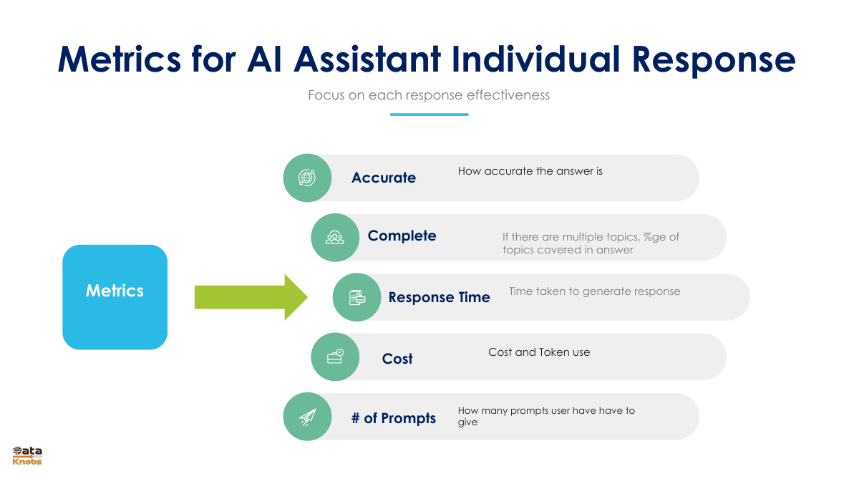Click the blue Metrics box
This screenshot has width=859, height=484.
(x=115, y=297)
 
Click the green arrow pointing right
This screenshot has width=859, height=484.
(x=251, y=297)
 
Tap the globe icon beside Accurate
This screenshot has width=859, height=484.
(x=307, y=178)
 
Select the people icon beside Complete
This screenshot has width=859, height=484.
(x=335, y=238)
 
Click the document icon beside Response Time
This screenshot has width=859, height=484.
(x=357, y=298)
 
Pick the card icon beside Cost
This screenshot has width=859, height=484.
(x=335, y=357)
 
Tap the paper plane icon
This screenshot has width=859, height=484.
(x=307, y=417)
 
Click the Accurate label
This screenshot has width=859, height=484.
(x=384, y=178)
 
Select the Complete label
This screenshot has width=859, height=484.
(x=402, y=236)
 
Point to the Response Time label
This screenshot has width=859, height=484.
(x=439, y=297)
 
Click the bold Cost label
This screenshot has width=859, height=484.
(x=397, y=359)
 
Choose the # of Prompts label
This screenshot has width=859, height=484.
(x=394, y=418)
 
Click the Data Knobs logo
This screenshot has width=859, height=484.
(x=27, y=455)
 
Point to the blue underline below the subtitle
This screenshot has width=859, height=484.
(x=429, y=115)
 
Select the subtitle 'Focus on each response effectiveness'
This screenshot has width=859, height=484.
(x=429, y=95)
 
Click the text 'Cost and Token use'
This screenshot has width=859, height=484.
(x=539, y=352)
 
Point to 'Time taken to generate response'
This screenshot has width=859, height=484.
(x=594, y=291)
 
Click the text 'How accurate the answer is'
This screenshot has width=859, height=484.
(x=530, y=171)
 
